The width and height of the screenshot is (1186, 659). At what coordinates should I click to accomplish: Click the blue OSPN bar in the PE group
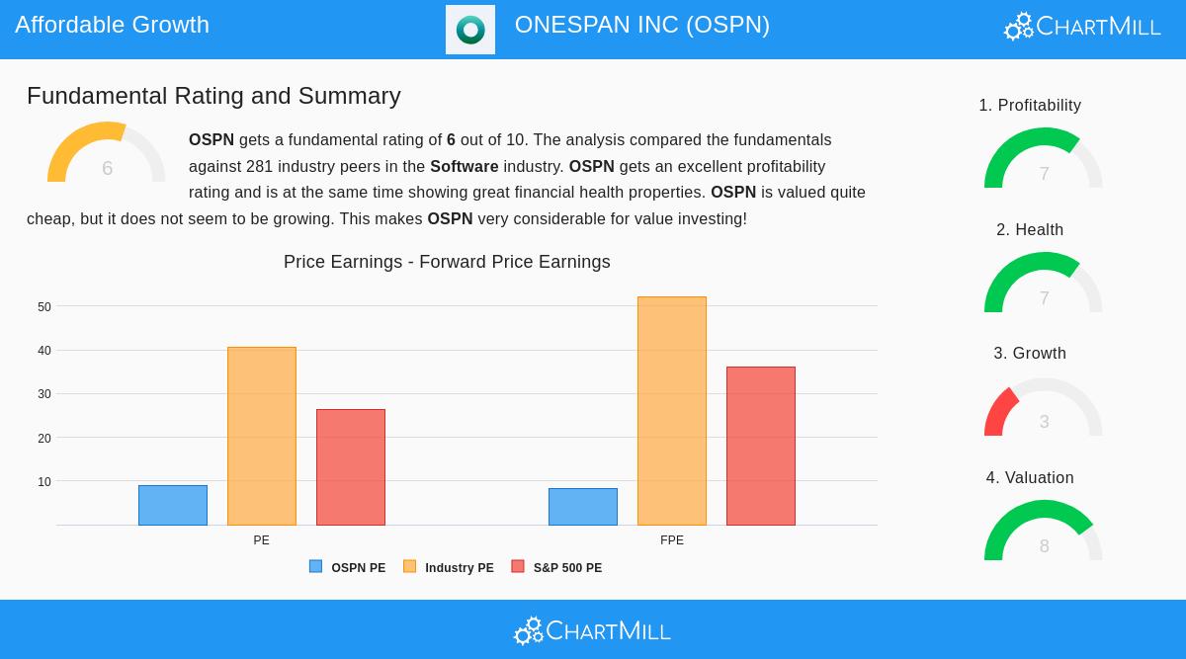tap(173, 505)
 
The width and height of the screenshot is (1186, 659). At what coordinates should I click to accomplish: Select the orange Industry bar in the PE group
tap(262, 436)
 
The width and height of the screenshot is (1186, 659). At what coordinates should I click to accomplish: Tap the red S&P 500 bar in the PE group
tap(351, 466)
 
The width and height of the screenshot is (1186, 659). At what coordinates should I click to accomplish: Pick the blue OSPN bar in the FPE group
tap(583, 507)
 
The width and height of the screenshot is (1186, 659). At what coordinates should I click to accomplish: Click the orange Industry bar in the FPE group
tap(672, 411)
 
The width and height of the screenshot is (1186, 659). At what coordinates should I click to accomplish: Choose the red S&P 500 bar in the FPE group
tap(761, 446)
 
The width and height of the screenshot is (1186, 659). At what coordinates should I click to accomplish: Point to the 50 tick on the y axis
tap(44, 307)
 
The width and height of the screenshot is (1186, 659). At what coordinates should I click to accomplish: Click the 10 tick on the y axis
tap(44, 482)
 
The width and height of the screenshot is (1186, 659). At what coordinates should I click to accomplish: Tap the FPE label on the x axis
tap(672, 540)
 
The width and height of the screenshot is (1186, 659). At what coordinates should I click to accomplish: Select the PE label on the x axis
tap(261, 540)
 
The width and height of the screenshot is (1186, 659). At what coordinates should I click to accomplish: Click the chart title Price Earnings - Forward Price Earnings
tap(447, 262)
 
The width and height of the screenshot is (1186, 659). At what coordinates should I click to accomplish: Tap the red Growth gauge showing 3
tap(1043, 410)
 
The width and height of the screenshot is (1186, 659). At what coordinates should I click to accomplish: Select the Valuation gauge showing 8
tap(1043, 534)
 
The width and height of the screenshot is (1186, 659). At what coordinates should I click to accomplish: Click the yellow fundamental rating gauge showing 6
tap(106, 155)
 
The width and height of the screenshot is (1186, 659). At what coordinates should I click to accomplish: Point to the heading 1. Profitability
tap(1030, 106)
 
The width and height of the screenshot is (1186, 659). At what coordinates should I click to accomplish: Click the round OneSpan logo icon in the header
tap(470, 30)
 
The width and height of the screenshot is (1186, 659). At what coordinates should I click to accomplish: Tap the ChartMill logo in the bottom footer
tap(592, 630)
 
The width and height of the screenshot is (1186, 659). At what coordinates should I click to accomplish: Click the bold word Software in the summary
tap(464, 166)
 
